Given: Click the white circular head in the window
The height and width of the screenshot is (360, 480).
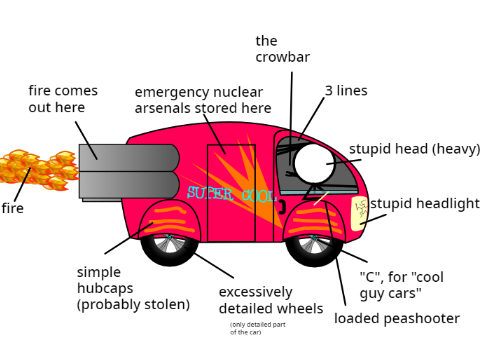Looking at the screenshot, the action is (x=314, y=163).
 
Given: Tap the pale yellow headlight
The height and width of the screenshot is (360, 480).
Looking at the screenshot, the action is (x=359, y=213).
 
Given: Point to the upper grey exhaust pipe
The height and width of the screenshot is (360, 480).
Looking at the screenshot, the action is (x=129, y=158).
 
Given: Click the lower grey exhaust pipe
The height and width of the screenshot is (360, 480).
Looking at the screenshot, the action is (x=129, y=185).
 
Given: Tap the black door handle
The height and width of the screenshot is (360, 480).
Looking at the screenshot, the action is (x=282, y=207).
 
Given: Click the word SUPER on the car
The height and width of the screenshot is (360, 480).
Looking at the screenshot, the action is (x=210, y=193).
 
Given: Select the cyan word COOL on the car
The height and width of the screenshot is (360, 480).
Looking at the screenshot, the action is (x=259, y=196).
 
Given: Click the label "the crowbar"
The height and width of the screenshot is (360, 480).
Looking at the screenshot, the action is (x=283, y=49).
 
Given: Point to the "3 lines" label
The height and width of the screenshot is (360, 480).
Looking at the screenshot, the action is (x=346, y=91).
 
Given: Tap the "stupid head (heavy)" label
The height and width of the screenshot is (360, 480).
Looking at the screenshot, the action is (x=415, y=149).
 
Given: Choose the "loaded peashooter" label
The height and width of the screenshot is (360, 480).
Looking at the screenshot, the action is (x=397, y=318).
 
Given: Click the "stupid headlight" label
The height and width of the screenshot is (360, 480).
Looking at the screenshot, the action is (x=425, y=203).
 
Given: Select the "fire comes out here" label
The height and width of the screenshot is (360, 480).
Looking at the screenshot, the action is (x=63, y=99).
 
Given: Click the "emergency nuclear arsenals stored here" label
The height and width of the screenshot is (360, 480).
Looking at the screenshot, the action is (x=203, y=100).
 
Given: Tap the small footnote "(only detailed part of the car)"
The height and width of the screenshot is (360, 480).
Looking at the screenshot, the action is (x=258, y=328).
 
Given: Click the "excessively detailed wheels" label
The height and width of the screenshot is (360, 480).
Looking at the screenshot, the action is (x=271, y=300).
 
